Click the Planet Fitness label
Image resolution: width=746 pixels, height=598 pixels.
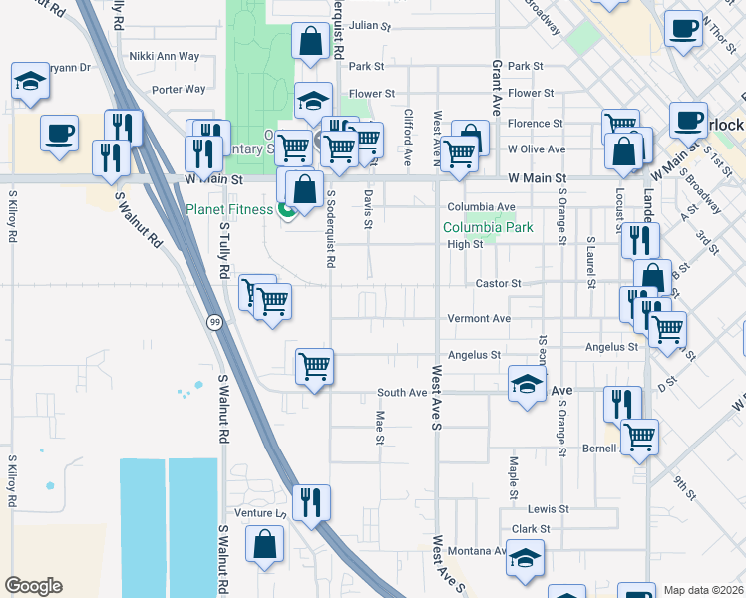(x=228, y=209)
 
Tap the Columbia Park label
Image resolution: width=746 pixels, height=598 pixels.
(x=489, y=227)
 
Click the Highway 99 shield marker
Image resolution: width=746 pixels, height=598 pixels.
(x=214, y=322)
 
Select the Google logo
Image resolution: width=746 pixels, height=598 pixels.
(x=33, y=586)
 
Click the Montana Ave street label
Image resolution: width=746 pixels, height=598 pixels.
(x=477, y=551)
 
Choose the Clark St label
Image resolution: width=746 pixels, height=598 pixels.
(x=531, y=529)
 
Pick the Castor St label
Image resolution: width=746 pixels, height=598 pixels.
(x=499, y=284)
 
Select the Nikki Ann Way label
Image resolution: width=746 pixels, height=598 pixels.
(x=165, y=56)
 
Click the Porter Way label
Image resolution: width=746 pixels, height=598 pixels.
(x=179, y=89)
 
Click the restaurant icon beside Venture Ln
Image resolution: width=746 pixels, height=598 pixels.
(x=313, y=502)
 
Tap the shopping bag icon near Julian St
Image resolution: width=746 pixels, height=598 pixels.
(x=311, y=41)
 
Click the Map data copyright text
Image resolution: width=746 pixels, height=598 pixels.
(x=704, y=590)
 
